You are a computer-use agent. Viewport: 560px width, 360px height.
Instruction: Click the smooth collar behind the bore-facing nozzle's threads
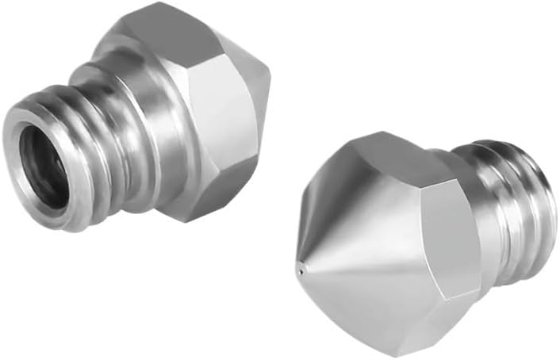coord(135,95)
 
